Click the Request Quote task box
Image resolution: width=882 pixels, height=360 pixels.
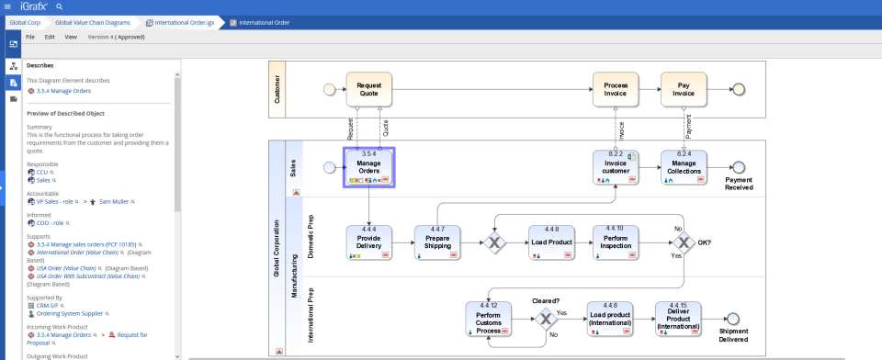coord(369,89)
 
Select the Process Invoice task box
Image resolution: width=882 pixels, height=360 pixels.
coord(616,89)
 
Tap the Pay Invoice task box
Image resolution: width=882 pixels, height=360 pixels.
coord(684,89)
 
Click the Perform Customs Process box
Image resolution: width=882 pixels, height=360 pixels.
coord(489,319)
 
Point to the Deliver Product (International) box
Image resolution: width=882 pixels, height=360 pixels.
coord(678,319)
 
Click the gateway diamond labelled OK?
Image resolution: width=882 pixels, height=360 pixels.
coord(682,242)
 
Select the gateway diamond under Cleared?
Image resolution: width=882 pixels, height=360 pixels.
coord(547,319)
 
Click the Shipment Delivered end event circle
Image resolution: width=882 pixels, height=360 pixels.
coord(733,319)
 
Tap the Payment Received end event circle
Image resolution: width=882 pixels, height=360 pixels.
coord(738,167)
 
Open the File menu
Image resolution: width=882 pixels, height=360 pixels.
coord(30,38)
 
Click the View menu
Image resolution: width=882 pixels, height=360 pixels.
coord(71,38)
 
